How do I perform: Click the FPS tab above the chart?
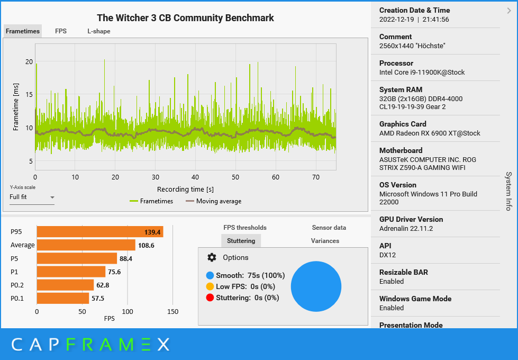pyautogui.click(x=61, y=31)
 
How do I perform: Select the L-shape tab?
pyautogui.click(x=99, y=31)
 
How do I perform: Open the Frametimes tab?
pyautogui.click(x=23, y=31)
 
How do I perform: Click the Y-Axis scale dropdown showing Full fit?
pyautogui.click(x=32, y=197)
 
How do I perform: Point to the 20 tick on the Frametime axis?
pyautogui.click(x=29, y=61)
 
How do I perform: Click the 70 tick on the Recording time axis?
pyautogui.click(x=315, y=177)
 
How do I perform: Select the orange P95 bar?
pyautogui.click(x=99, y=232)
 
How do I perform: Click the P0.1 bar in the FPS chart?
pyautogui.click(x=62, y=298)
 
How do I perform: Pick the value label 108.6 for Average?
pyautogui.click(x=146, y=245)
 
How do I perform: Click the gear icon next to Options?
pyautogui.click(x=212, y=257)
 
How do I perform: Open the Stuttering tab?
pyautogui.click(x=241, y=241)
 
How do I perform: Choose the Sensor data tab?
pyautogui.click(x=329, y=228)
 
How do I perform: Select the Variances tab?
pyautogui.click(x=325, y=241)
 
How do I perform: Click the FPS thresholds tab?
pyautogui.click(x=245, y=228)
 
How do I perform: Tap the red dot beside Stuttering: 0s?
pyautogui.click(x=210, y=298)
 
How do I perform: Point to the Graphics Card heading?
pyautogui.click(x=403, y=124)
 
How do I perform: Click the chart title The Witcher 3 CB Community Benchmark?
pyautogui.click(x=185, y=18)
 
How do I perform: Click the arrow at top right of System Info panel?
pyautogui.click(x=509, y=10)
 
